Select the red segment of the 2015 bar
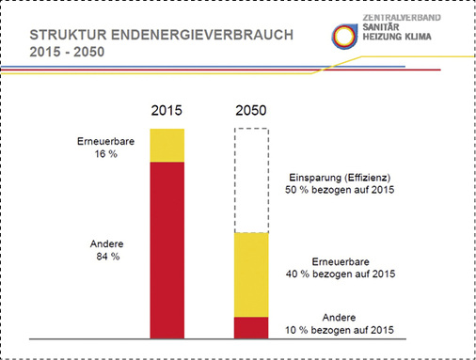(x=167, y=249)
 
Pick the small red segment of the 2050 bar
(x=251, y=326)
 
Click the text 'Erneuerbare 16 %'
(x=97, y=149)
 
